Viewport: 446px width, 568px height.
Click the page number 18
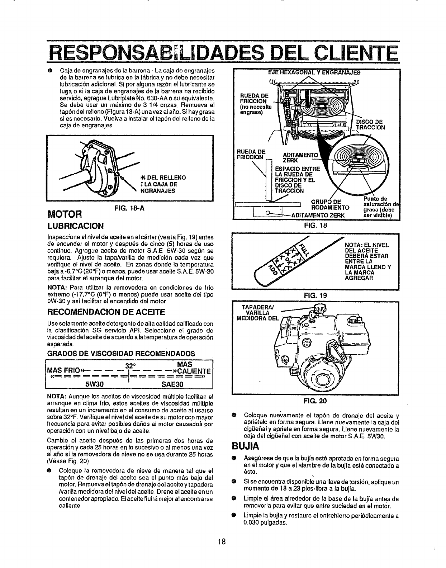point(222,541)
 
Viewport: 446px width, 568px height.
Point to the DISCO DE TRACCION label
point(370,124)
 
